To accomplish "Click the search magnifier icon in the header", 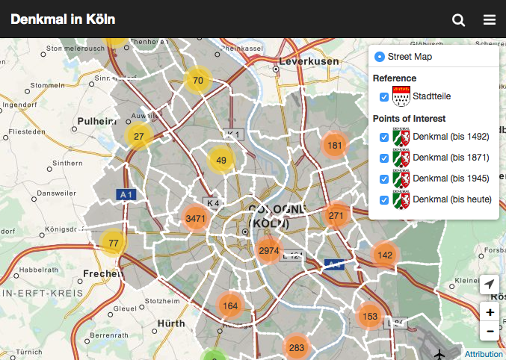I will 459,19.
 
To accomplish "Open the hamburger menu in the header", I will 490,19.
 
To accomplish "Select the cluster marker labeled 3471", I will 196,219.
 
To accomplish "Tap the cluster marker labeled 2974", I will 269,251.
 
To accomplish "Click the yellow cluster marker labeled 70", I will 198,81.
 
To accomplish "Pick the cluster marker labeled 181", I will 335,146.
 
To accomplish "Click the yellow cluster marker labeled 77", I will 114,243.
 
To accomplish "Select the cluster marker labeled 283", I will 297,347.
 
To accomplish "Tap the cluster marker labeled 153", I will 370,317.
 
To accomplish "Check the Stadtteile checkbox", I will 384,97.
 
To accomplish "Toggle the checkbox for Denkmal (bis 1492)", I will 384,137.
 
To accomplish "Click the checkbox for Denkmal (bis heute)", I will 384,199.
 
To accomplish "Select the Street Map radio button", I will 379,57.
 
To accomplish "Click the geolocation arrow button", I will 490,285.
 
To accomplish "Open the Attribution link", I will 484,354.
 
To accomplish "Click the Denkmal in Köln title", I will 63,19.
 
